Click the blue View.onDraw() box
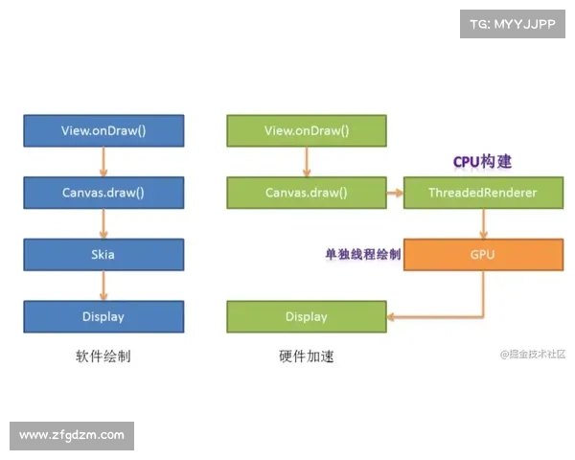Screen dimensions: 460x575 click(x=103, y=131)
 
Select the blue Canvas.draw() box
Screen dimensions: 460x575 click(x=103, y=193)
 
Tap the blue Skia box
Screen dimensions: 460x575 click(x=103, y=255)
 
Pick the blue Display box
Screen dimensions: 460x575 click(x=103, y=316)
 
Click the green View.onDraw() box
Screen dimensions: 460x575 click(x=307, y=131)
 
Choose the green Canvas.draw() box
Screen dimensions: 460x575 click(x=307, y=193)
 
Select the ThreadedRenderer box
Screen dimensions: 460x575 click(x=483, y=193)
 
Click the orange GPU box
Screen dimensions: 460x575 click(x=483, y=255)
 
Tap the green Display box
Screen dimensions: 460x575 click(x=307, y=316)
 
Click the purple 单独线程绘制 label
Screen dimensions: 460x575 click(x=363, y=255)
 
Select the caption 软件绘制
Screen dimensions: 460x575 click(x=103, y=356)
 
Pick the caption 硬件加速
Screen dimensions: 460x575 click(x=307, y=356)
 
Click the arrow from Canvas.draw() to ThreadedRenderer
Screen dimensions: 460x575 click(x=395, y=193)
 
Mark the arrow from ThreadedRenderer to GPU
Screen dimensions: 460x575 click(x=483, y=224)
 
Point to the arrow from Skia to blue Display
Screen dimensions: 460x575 click(x=103, y=286)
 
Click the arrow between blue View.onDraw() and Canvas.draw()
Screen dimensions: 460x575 click(x=103, y=162)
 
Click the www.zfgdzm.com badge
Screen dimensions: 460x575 click(x=72, y=435)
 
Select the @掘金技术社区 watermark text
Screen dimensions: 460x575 click(x=533, y=354)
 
